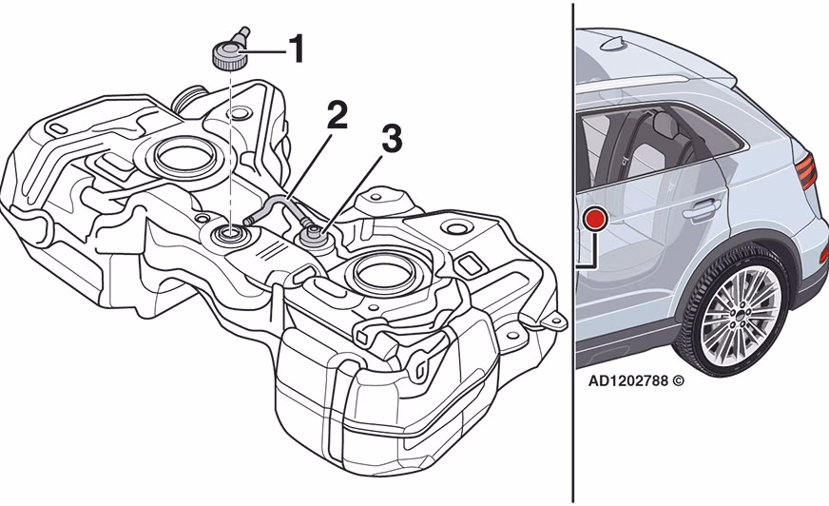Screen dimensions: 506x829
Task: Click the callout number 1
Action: (297, 49)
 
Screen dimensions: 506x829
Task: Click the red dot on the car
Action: (596, 219)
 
